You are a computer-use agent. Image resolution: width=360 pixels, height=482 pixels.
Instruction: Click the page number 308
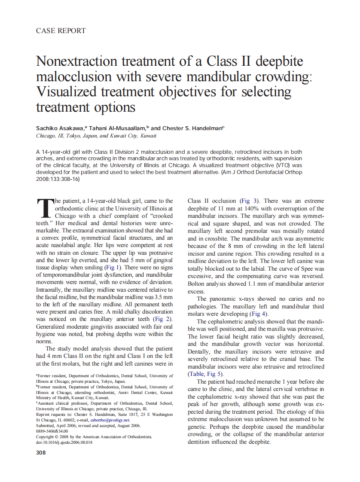[41, 452]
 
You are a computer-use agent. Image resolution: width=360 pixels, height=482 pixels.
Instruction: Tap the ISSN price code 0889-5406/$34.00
[52, 431]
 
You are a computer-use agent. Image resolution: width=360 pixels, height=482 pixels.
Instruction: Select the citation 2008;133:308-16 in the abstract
[58, 179]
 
